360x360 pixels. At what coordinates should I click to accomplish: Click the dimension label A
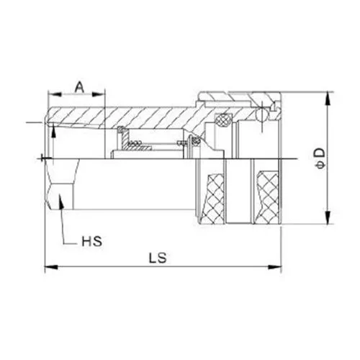tap(78, 86)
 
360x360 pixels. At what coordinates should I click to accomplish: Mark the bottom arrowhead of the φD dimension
tap(328, 222)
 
